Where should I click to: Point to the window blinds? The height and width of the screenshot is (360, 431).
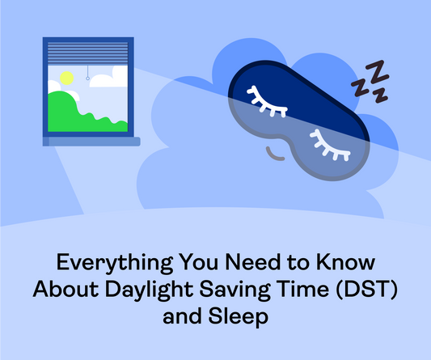tap(88, 54)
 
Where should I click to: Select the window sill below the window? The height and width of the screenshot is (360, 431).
tap(92, 142)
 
